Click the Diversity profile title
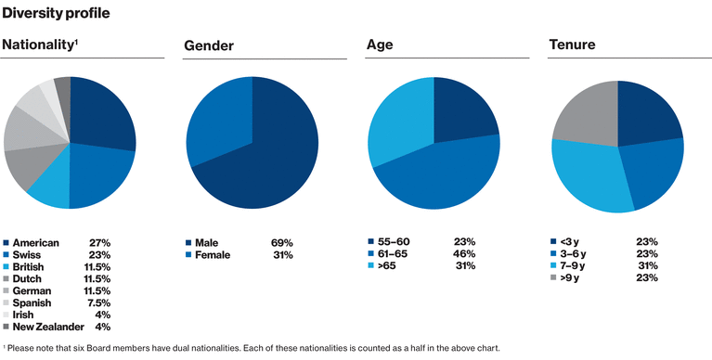56,14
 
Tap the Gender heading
209,45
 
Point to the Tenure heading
573,45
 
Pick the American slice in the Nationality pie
102,116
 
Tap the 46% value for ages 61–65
464,253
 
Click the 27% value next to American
99,242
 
